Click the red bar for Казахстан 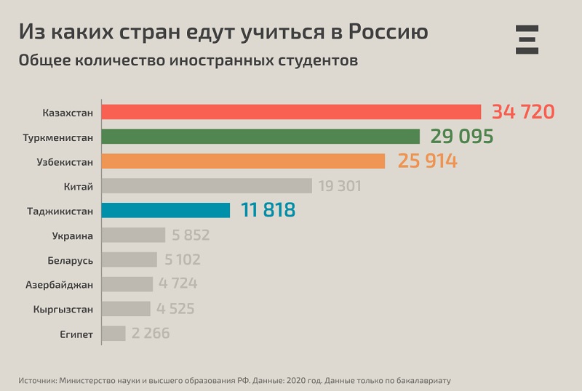291,112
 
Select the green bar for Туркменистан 260,137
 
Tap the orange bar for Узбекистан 243,161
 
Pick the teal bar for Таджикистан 166,211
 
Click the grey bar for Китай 207,186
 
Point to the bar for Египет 113,334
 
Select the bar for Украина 134,235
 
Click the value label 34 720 523,112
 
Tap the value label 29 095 462,137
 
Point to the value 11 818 263,211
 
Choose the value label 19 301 339,186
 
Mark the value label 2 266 151,334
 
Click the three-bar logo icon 527,39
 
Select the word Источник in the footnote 36,380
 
